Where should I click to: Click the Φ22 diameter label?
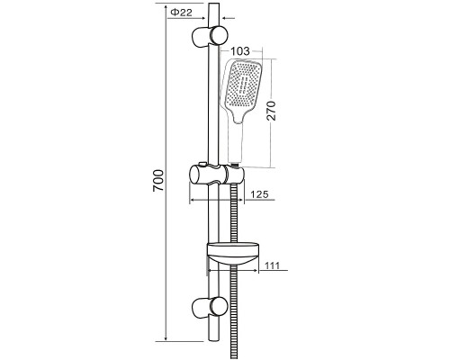point(181,13)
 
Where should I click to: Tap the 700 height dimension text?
point(158,181)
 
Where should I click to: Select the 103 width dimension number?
point(240,51)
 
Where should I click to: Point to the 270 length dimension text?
point(272,111)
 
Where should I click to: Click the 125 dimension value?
point(259,194)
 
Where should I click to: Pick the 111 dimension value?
point(272,265)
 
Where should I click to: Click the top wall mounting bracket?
point(210,36)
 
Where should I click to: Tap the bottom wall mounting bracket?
point(210,307)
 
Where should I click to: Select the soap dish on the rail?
point(233,252)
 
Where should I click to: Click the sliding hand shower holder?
point(217,175)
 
